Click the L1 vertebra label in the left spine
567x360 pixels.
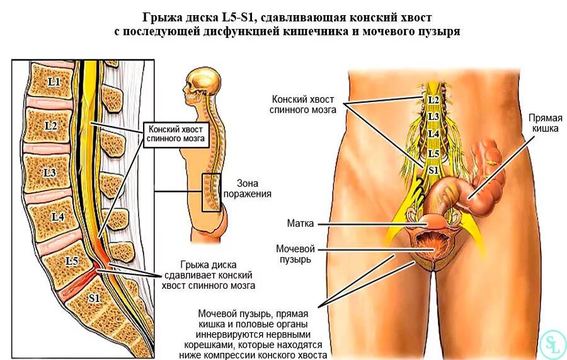click(54, 81)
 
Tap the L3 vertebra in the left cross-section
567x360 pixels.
click(49, 172)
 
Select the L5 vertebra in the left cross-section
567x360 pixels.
click(71, 259)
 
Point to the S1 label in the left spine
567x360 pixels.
click(95, 298)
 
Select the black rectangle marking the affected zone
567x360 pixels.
click(212, 192)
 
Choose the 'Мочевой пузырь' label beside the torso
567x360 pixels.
click(295, 253)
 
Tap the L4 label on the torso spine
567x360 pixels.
click(433, 134)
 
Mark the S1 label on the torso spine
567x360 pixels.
click(433, 170)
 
